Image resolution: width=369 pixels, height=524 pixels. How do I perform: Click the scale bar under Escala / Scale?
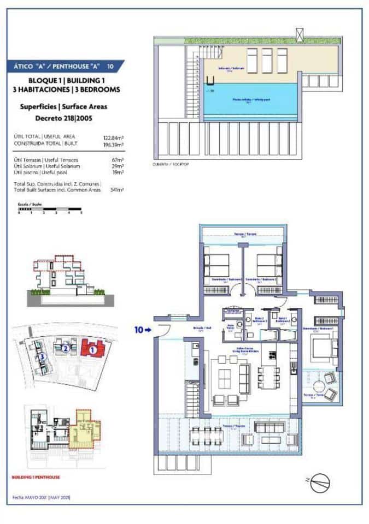click(50, 209)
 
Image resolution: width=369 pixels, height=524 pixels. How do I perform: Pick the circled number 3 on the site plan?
click(42, 358)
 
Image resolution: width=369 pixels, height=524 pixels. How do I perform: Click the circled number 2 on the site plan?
click(65, 348)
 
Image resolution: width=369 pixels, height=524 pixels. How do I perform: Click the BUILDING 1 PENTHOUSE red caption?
click(36, 477)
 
